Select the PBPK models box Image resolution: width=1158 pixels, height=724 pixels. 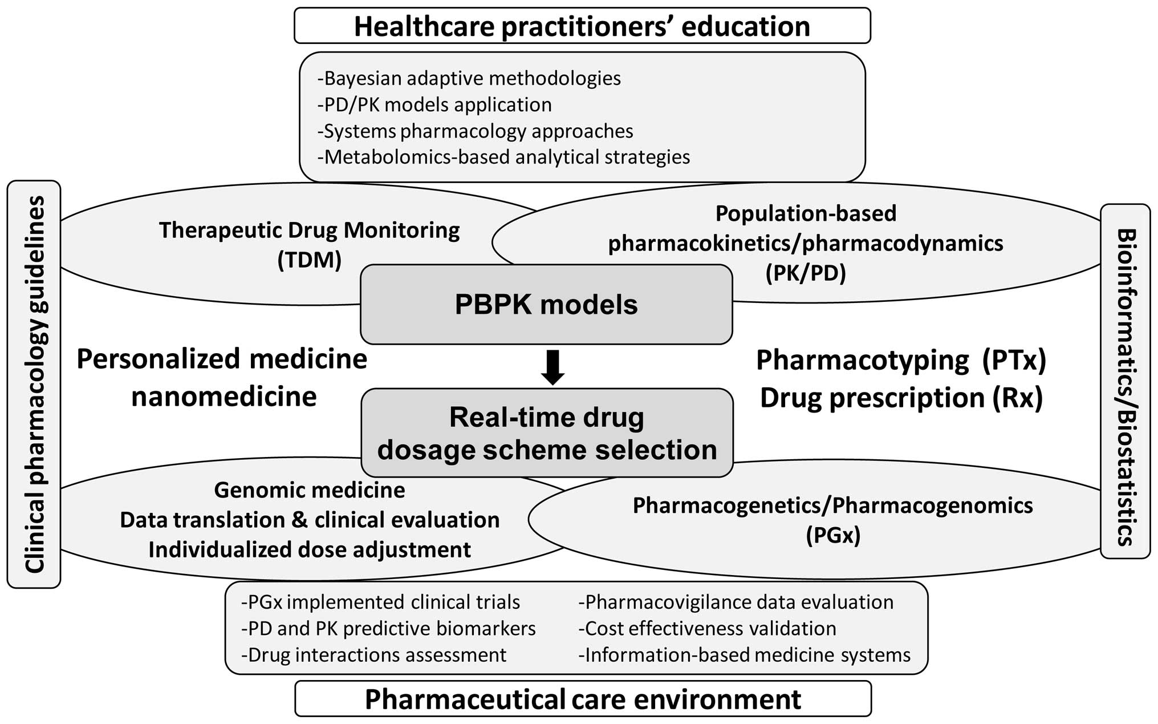tap(546, 304)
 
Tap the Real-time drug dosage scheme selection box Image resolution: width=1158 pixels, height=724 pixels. tap(547, 433)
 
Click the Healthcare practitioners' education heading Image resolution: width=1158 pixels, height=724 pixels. tap(582, 26)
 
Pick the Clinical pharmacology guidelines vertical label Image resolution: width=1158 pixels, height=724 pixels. tap(34, 384)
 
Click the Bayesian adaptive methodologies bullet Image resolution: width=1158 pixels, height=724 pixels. tap(469, 78)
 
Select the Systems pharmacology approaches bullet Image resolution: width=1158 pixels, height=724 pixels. tap(475, 131)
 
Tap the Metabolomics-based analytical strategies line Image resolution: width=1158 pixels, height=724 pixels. tap(503, 157)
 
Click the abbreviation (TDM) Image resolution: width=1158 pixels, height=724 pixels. tap(309, 260)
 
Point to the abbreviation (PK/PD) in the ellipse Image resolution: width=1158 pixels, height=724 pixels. tap(805, 273)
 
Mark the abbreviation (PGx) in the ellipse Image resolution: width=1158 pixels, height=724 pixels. tap(832, 535)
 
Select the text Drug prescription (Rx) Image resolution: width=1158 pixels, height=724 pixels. tap(901, 398)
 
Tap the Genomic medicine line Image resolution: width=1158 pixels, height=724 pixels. tap(310, 490)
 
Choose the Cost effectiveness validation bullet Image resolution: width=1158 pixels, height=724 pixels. tap(707, 628)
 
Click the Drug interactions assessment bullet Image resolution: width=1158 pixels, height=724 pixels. tap(373, 655)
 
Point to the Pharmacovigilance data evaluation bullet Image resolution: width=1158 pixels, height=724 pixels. tap(736, 602)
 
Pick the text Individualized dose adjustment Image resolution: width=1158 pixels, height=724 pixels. tap(310, 549)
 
